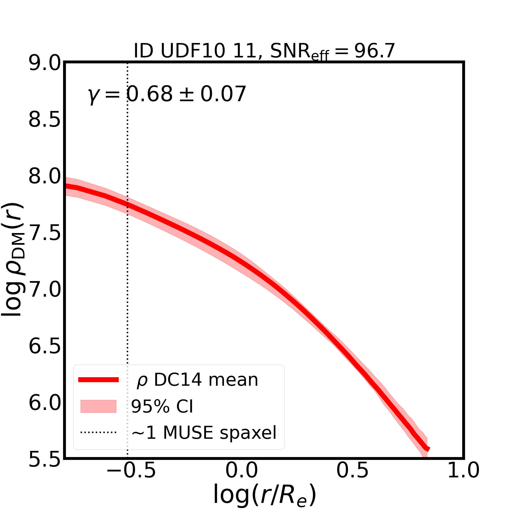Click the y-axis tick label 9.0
point(45,64)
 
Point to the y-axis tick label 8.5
point(45,121)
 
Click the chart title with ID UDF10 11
point(264,51)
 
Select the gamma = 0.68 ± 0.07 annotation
point(167,95)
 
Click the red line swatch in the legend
point(98,380)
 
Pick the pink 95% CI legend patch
point(98,407)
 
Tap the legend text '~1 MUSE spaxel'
point(204,433)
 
